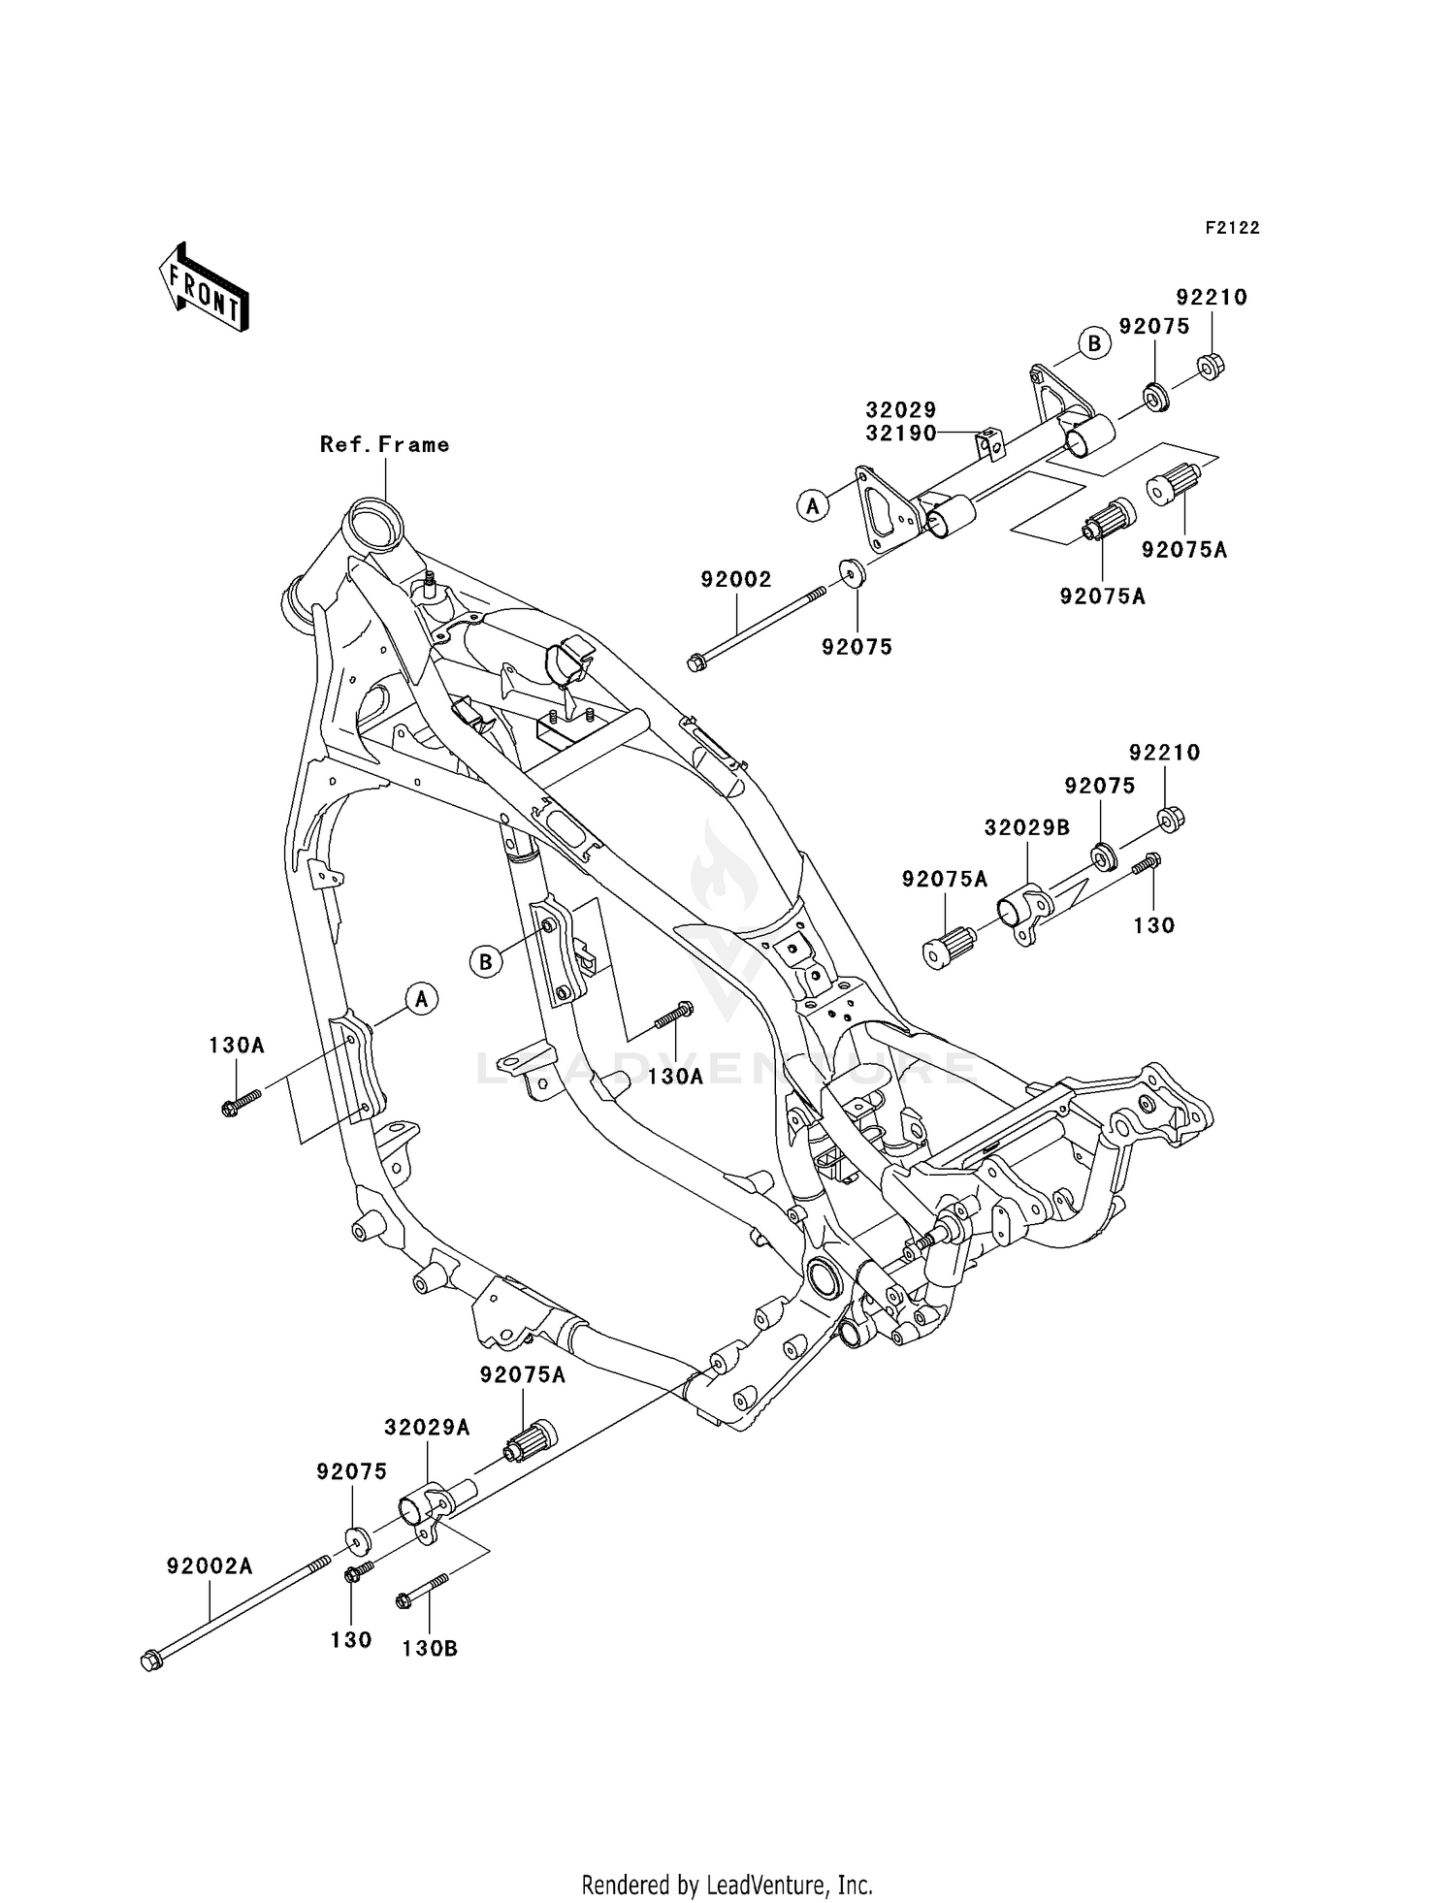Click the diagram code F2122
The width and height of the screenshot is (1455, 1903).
tap(1232, 228)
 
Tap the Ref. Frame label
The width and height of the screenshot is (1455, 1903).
tap(385, 445)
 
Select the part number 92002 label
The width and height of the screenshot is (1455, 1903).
tap(736, 580)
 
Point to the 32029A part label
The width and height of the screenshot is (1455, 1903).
tap(427, 1428)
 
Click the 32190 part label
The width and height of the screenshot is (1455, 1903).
tap(901, 434)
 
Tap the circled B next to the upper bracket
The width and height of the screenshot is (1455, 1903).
tap(1093, 343)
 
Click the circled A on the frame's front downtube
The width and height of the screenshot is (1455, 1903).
tap(421, 998)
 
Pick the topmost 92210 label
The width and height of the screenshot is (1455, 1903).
tap(1212, 298)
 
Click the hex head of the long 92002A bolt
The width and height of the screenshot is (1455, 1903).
tap(151, 1661)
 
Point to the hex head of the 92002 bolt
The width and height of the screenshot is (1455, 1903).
tap(695, 663)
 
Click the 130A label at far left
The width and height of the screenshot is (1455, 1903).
tap(237, 1046)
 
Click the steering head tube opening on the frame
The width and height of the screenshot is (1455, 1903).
tap(374, 514)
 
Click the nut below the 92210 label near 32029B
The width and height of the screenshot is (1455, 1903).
tap(1171, 819)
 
